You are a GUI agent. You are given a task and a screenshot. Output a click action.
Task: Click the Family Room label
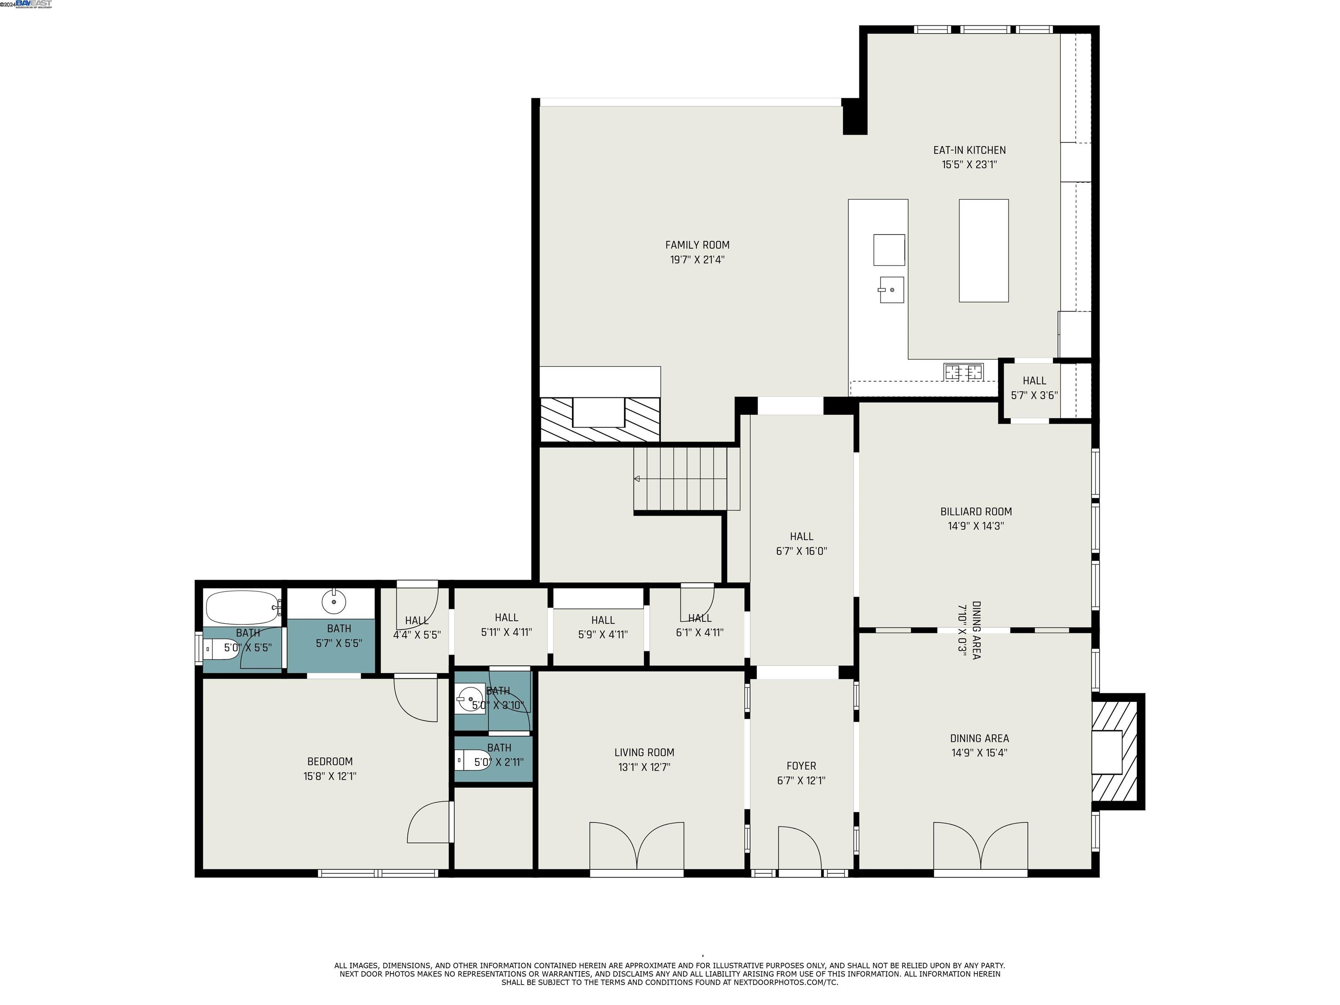[x=697, y=245]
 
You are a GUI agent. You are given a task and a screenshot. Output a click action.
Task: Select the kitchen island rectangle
[x=983, y=250]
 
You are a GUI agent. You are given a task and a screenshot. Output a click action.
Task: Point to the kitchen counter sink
[x=891, y=290]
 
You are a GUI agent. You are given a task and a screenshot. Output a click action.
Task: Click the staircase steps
[x=686, y=479]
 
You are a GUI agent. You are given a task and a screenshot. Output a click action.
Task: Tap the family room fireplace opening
[x=598, y=413]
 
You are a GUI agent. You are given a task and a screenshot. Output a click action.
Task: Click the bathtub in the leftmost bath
[x=243, y=608]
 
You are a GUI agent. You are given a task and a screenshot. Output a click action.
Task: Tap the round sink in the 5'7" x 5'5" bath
[x=333, y=602]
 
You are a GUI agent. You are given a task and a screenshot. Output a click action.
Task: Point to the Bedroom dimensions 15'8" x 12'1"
[x=330, y=776]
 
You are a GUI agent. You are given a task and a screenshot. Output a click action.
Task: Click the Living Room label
[x=644, y=753]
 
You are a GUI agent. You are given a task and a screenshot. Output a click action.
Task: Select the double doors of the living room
[x=637, y=847]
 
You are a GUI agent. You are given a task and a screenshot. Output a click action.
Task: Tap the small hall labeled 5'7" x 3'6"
[x=1034, y=388]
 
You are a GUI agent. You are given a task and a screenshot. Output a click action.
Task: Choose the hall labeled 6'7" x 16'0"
[x=801, y=544]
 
